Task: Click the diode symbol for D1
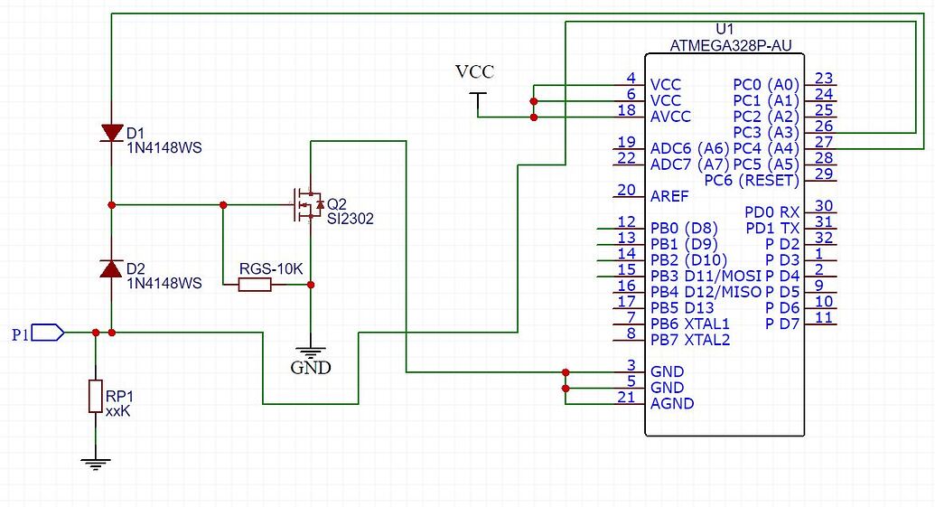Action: (x=110, y=133)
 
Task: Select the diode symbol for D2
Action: (x=110, y=268)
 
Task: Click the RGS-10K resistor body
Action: (x=254, y=285)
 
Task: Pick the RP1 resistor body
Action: (x=95, y=397)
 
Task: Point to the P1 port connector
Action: (x=50, y=333)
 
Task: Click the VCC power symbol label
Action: (x=474, y=71)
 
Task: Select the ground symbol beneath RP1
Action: (x=95, y=463)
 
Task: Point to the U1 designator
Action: (x=724, y=28)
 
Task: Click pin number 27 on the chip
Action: (x=823, y=143)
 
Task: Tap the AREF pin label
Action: (x=669, y=194)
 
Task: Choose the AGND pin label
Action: (x=671, y=403)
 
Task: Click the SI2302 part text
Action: (x=351, y=218)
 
